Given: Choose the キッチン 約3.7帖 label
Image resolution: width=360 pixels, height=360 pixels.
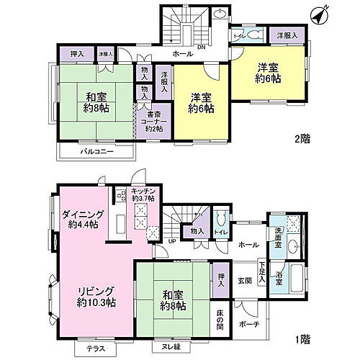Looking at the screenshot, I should pos(143,195).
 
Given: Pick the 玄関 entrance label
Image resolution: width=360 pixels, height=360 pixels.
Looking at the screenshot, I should pos(245,280).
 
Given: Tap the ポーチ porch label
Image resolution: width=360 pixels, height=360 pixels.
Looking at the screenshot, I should pos(250,324).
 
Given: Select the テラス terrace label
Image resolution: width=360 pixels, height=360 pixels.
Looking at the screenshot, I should pos(94,348).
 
